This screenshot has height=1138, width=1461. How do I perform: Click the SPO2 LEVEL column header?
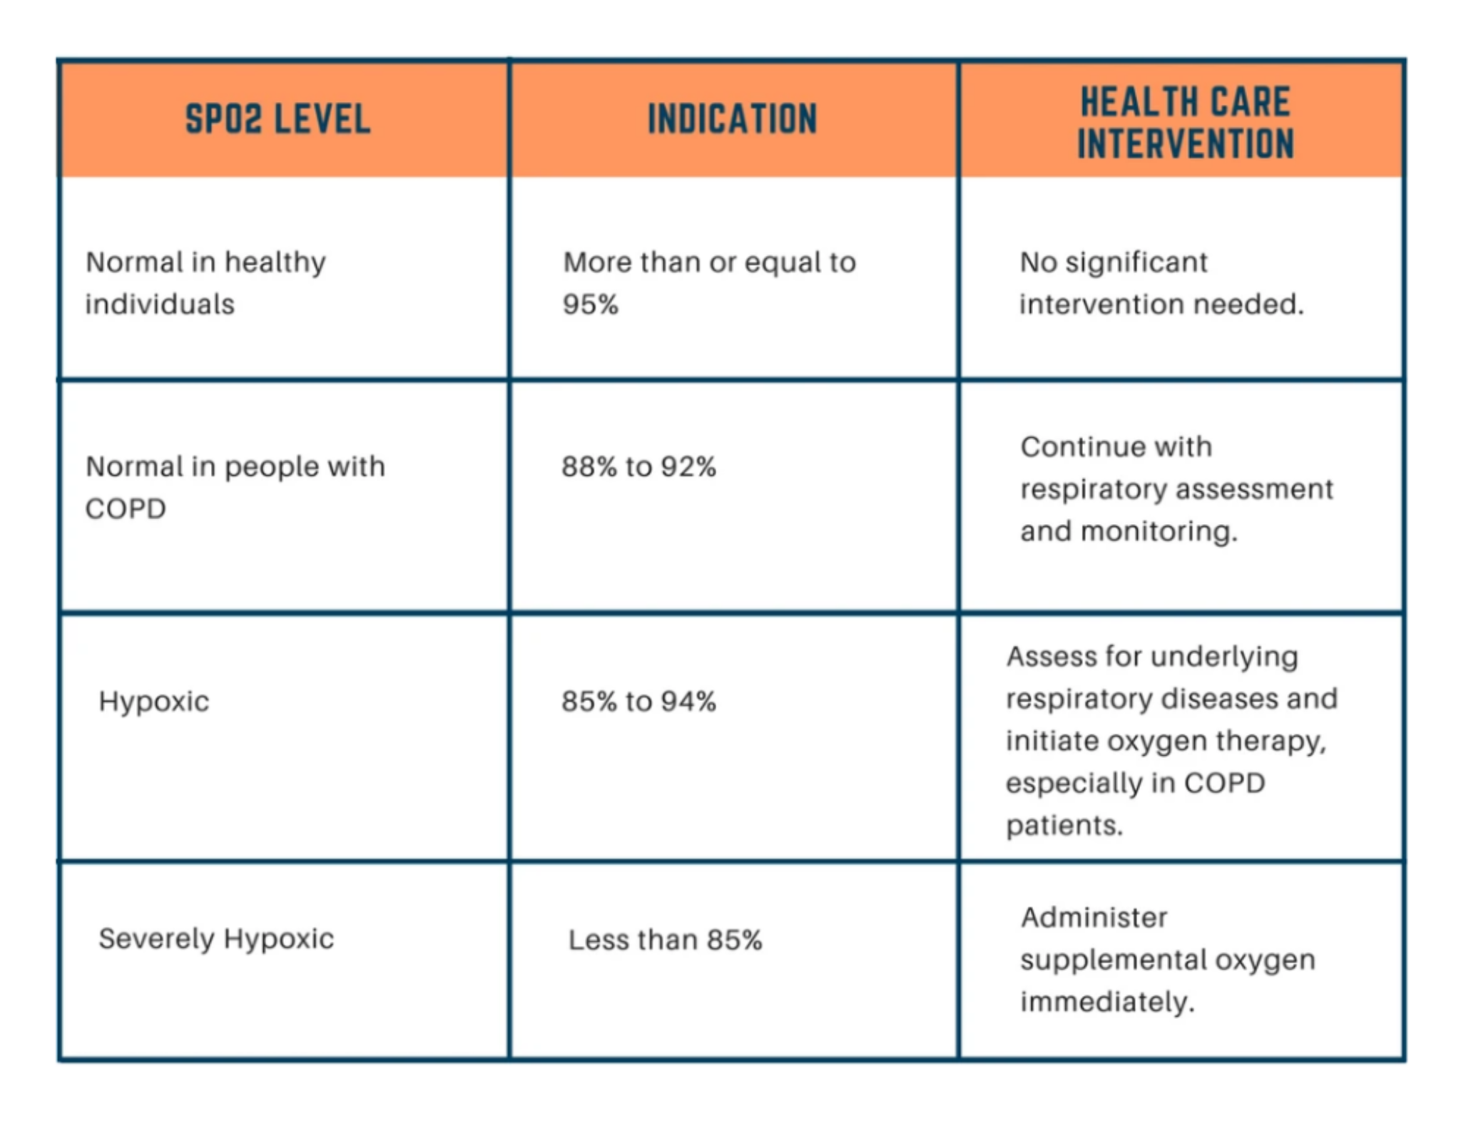pyautogui.click(x=278, y=118)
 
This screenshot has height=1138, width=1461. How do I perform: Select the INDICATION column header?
pyautogui.click(x=732, y=118)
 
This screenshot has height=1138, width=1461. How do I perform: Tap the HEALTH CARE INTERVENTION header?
pyautogui.click(x=1185, y=122)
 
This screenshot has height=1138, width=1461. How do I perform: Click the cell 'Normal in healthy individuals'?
pyautogui.click(x=205, y=283)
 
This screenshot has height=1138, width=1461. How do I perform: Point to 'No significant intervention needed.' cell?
pyautogui.click(x=1161, y=283)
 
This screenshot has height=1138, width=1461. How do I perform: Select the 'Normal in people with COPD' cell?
pyautogui.click(x=235, y=488)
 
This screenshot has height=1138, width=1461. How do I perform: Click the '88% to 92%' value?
pyautogui.click(x=638, y=467)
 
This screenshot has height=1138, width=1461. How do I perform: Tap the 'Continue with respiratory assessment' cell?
pyautogui.click(x=1176, y=489)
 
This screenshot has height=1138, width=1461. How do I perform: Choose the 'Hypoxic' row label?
pyautogui.click(x=154, y=702)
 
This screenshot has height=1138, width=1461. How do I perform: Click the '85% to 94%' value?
pyautogui.click(x=638, y=702)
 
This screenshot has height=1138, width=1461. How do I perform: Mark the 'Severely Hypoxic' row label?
pyautogui.click(x=216, y=939)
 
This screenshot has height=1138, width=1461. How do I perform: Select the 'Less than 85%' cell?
pyautogui.click(x=665, y=940)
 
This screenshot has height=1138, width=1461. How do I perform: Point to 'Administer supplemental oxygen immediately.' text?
pyautogui.click(x=1167, y=960)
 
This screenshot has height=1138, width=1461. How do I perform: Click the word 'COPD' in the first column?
pyautogui.click(x=126, y=509)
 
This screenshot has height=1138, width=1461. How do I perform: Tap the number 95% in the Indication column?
pyautogui.click(x=590, y=304)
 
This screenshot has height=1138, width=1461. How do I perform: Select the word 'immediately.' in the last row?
pyautogui.click(x=1106, y=1003)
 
